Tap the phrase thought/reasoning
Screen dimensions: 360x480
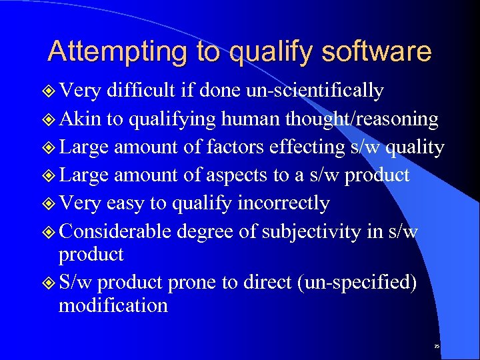(x=361, y=119)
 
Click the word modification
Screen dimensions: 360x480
(x=113, y=305)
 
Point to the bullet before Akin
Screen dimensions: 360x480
(x=49, y=120)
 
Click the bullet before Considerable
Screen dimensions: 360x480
(x=49, y=231)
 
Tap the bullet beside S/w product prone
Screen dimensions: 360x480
(x=49, y=283)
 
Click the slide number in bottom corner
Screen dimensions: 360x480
(x=437, y=347)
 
